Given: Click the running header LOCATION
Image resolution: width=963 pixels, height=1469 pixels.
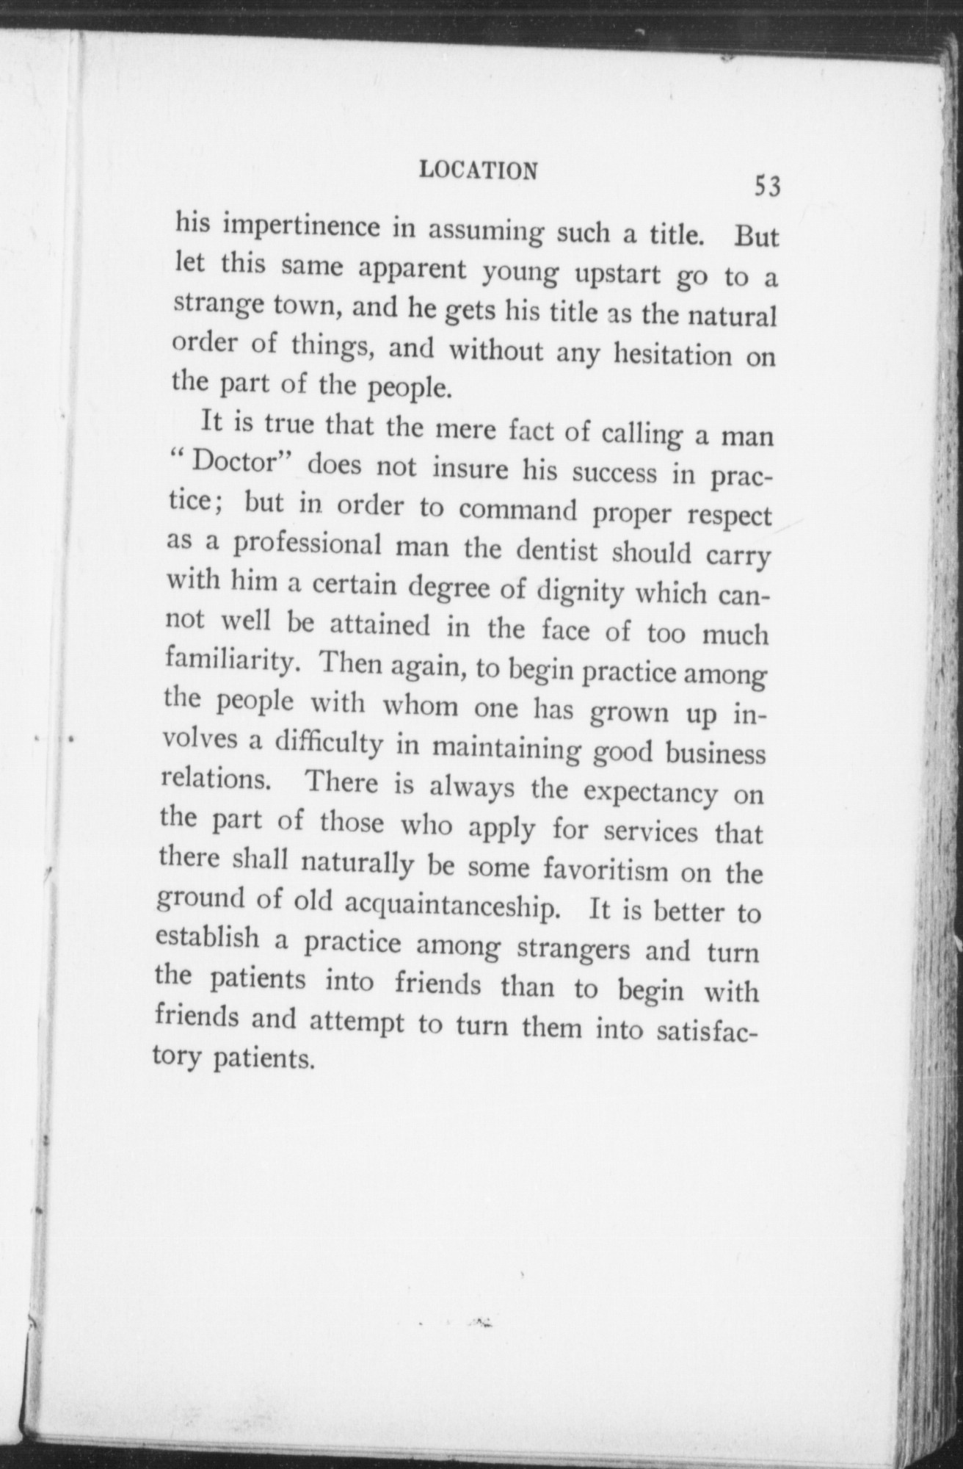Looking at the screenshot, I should click(x=478, y=170).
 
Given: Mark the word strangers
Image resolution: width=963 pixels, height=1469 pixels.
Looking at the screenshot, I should click(x=573, y=948).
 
